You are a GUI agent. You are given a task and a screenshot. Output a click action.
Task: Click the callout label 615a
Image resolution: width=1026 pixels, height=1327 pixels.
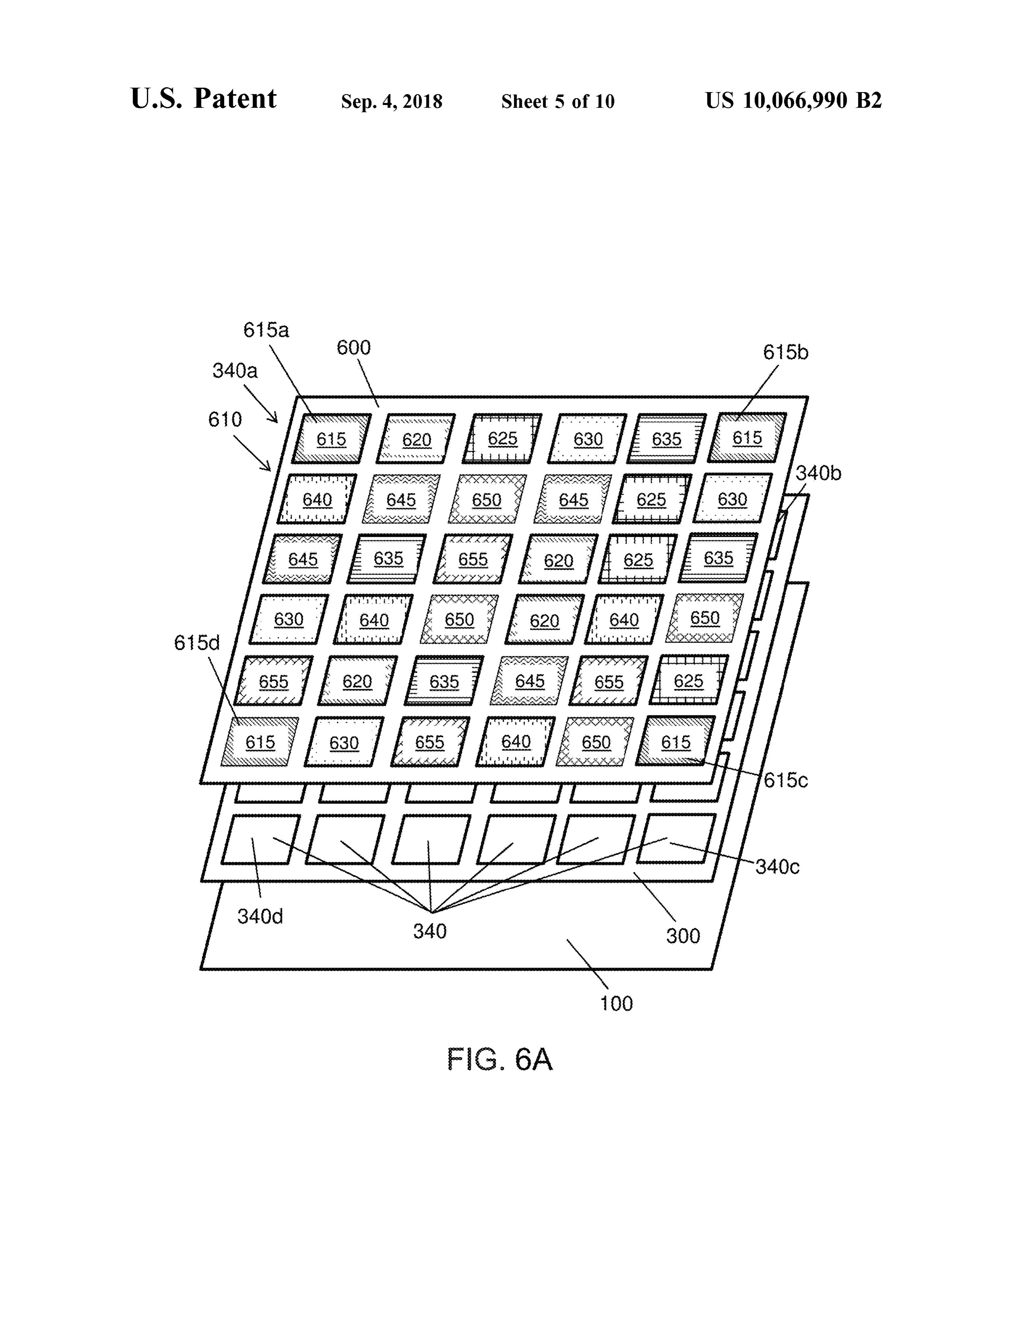click(x=266, y=330)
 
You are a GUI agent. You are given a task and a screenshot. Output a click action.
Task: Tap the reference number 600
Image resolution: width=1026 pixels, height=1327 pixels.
click(x=354, y=347)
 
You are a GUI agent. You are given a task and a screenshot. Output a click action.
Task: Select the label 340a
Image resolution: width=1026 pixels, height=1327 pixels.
click(x=235, y=371)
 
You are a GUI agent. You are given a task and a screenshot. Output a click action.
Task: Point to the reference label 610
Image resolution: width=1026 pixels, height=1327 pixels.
click(x=225, y=419)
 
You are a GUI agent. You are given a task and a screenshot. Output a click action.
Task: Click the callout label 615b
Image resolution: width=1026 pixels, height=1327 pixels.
click(x=786, y=352)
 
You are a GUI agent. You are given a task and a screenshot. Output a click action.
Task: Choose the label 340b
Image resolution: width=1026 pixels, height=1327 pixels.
click(x=818, y=473)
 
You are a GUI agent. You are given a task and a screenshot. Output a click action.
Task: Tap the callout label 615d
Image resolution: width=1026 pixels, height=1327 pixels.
click(x=197, y=643)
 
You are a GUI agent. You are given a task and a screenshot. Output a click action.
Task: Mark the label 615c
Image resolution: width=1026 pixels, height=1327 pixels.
click(x=786, y=780)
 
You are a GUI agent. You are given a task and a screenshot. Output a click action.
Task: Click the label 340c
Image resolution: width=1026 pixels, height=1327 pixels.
click(x=777, y=867)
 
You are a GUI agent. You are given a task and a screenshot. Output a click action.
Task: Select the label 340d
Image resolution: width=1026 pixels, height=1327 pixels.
click(x=260, y=916)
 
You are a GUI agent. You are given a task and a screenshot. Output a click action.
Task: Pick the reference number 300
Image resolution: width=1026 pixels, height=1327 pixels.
click(x=683, y=936)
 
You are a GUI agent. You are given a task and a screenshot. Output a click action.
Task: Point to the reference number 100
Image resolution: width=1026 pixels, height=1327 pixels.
click(x=616, y=1004)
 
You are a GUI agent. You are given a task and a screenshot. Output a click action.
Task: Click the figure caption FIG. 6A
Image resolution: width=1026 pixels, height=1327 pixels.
click(x=500, y=1060)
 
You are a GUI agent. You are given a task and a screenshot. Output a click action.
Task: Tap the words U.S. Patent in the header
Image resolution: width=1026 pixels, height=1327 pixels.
click(x=204, y=99)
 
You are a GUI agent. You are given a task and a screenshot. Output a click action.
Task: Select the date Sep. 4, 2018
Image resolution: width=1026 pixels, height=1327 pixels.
click(x=391, y=101)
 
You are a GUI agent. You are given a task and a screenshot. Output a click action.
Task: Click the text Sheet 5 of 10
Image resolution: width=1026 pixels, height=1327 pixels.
click(x=558, y=101)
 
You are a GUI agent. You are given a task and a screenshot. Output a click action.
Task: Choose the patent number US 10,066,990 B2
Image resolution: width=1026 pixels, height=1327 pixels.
click(x=793, y=100)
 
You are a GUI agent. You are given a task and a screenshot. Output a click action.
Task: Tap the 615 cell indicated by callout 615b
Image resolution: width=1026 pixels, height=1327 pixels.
click(x=747, y=438)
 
